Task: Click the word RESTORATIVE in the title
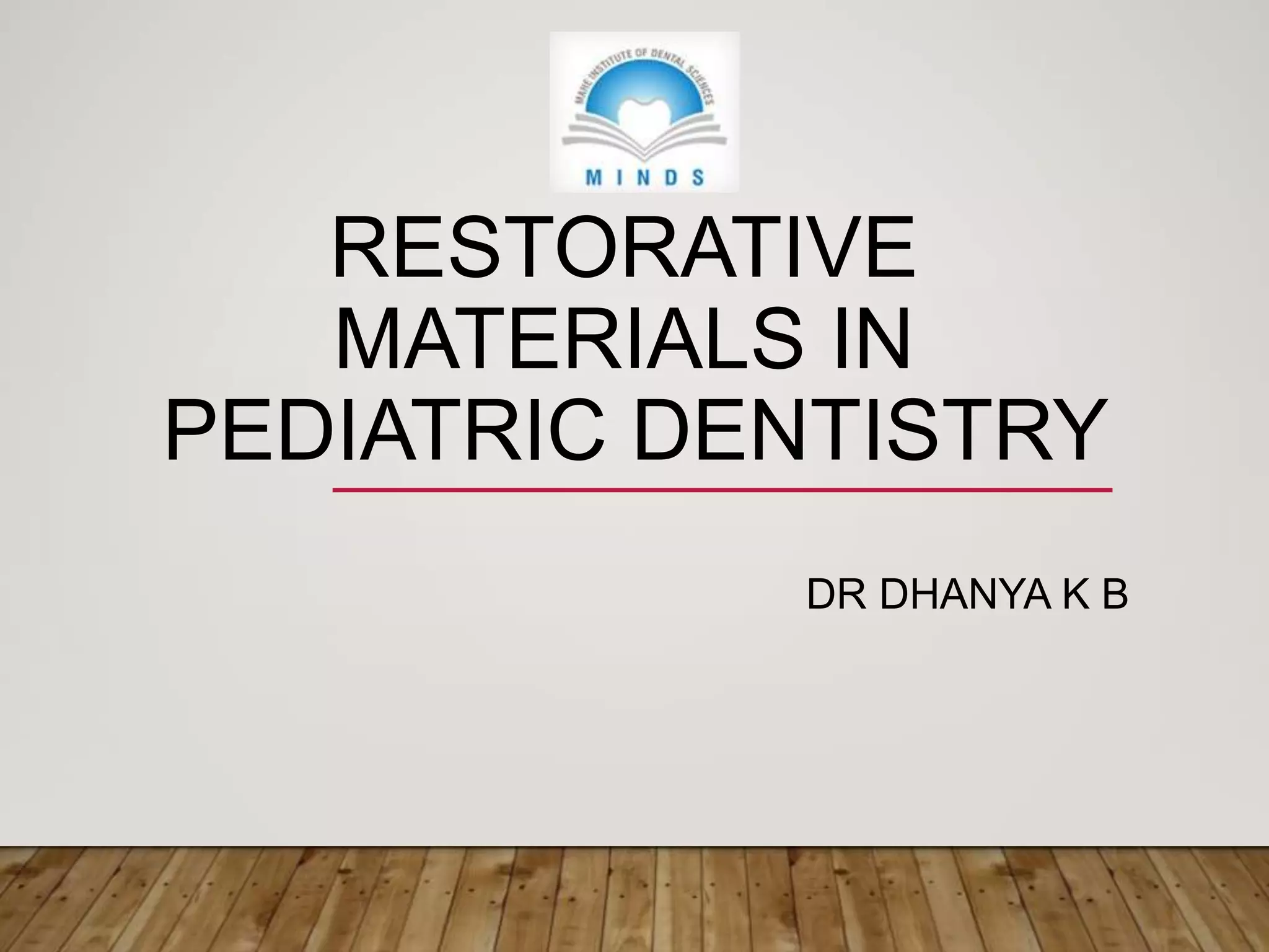click(x=623, y=248)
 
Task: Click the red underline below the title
click(x=722, y=490)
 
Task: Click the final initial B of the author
click(x=1114, y=596)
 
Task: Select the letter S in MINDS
click(x=698, y=178)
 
